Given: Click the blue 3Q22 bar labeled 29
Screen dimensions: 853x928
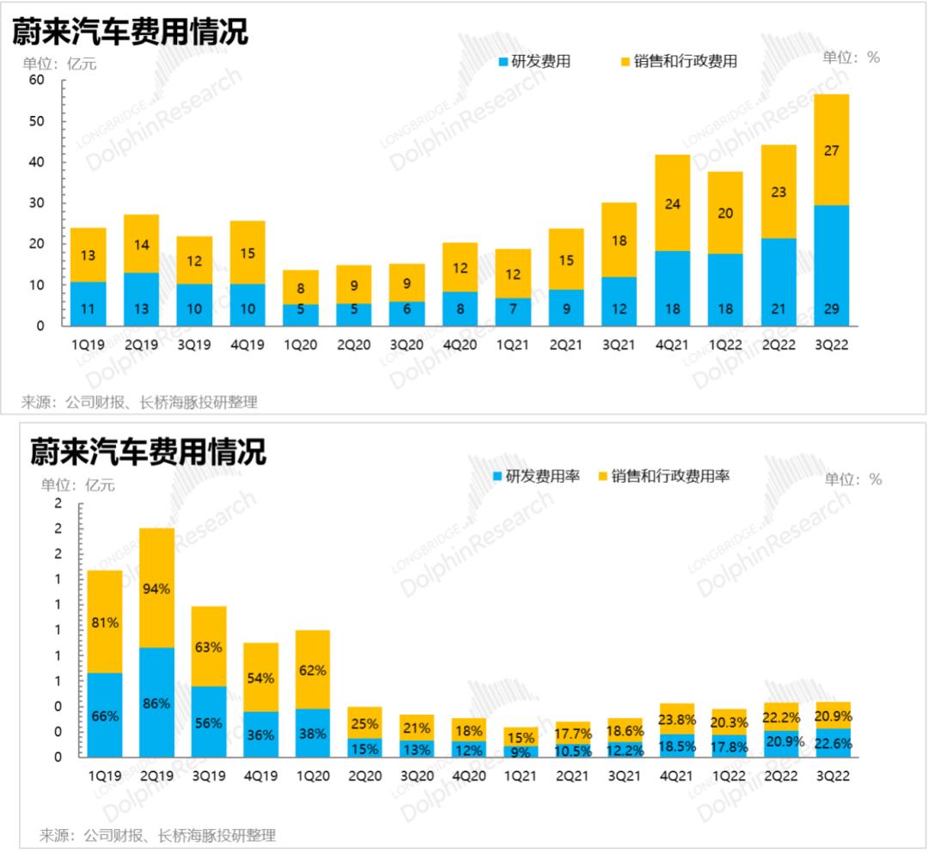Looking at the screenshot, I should (x=831, y=265).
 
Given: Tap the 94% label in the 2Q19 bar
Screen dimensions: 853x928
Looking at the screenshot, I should (x=156, y=588).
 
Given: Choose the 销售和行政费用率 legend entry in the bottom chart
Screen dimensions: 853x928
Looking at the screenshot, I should (x=662, y=476).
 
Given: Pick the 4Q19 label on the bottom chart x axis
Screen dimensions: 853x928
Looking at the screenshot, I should (x=260, y=776).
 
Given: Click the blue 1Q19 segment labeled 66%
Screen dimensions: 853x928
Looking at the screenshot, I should (x=104, y=715).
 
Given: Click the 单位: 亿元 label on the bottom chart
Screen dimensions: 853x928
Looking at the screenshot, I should (x=78, y=485).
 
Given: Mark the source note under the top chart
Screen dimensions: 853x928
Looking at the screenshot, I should (x=139, y=402).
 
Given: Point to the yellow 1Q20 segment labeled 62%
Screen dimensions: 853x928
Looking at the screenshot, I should (x=312, y=669).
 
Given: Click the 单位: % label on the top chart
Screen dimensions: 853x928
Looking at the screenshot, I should (x=851, y=58).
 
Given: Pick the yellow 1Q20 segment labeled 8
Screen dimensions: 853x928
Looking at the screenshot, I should (x=301, y=287).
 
